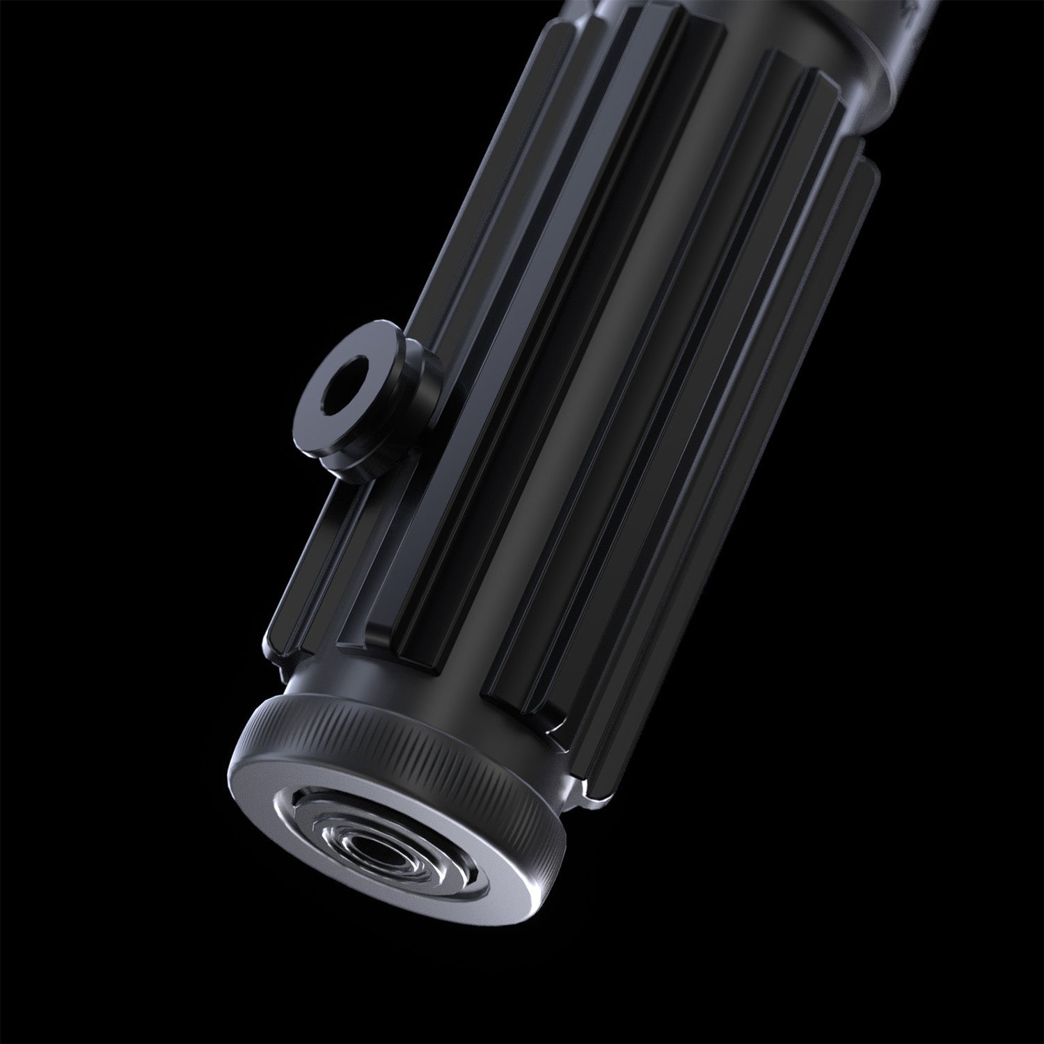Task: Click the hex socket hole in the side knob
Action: pyautogui.click(x=343, y=395)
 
